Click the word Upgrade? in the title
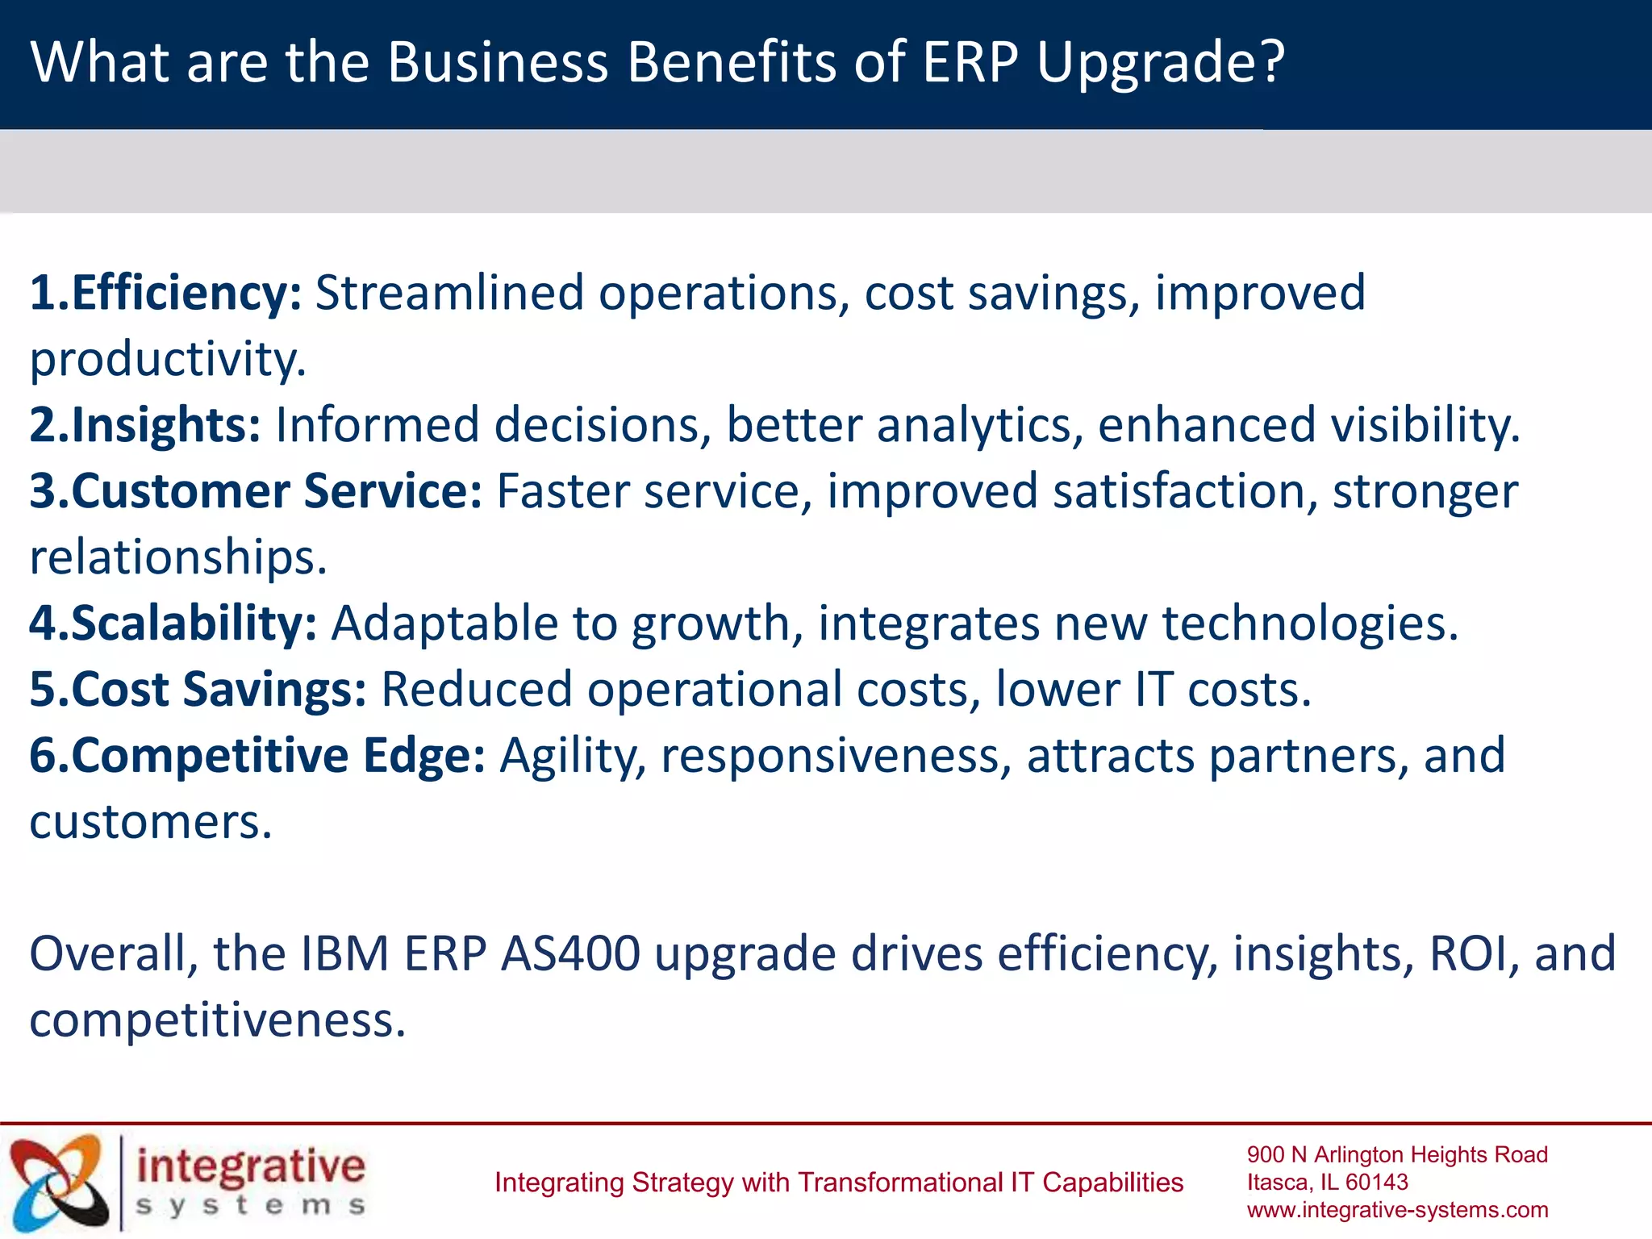click(x=1160, y=63)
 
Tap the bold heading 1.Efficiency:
click(x=165, y=292)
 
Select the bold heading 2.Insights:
click(x=145, y=424)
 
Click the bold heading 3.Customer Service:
click(x=256, y=490)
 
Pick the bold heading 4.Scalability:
click(x=173, y=623)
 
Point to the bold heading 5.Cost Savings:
click(x=198, y=689)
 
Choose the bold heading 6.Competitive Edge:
click(x=257, y=755)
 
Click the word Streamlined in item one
click(x=448, y=292)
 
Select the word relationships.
click(x=177, y=557)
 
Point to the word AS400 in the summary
click(x=570, y=953)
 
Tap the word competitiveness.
click(x=217, y=1020)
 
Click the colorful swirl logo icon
click(x=59, y=1183)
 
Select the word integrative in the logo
click(x=251, y=1166)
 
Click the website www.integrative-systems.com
click(x=1397, y=1210)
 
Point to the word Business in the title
click(x=497, y=63)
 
